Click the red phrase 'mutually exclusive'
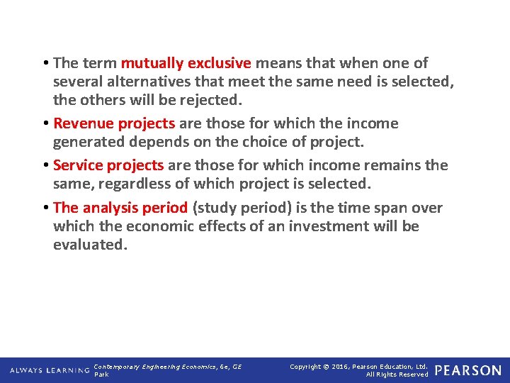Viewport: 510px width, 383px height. tap(186, 63)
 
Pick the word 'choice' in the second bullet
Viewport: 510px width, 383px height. tap(261, 142)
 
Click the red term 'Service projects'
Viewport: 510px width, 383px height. tap(108, 165)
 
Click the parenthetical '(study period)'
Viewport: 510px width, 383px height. tap(237, 208)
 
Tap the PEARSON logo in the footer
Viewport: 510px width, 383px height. tap(467, 370)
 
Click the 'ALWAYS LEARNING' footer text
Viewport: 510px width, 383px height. tap(50, 370)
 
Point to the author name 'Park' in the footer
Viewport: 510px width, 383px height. tap(101, 374)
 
